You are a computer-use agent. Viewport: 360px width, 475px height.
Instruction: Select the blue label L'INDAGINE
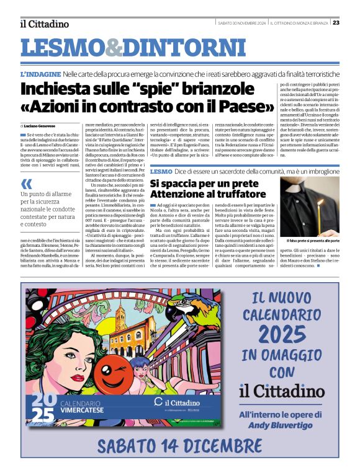[x=40, y=74]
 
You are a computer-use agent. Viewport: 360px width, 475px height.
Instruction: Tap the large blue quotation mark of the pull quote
[x=25, y=184]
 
